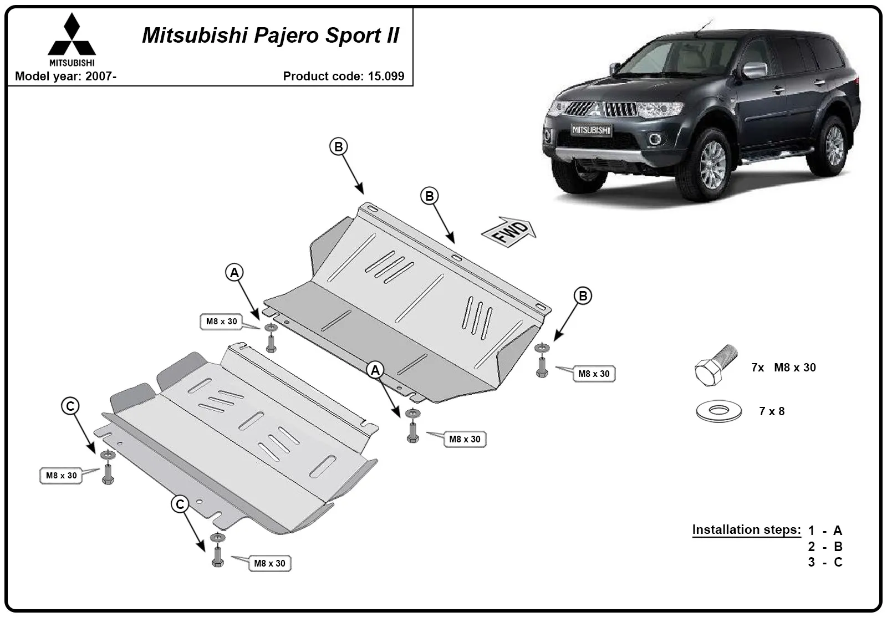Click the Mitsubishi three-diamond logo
(72, 34)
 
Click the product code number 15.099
(386, 76)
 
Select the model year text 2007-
(101, 76)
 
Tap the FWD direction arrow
(509, 232)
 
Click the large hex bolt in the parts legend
(716, 365)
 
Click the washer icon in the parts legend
(718, 411)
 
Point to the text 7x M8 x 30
(784, 368)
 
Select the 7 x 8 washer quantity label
(772, 411)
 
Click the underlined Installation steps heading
(746, 529)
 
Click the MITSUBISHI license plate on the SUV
(591, 130)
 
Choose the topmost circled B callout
(339, 146)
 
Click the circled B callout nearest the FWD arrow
(430, 196)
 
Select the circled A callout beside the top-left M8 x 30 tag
(235, 272)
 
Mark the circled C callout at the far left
(70, 406)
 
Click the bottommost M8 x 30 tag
(269, 563)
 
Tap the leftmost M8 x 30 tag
(62, 475)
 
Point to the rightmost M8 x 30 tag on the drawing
(594, 374)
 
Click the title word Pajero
(286, 35)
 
